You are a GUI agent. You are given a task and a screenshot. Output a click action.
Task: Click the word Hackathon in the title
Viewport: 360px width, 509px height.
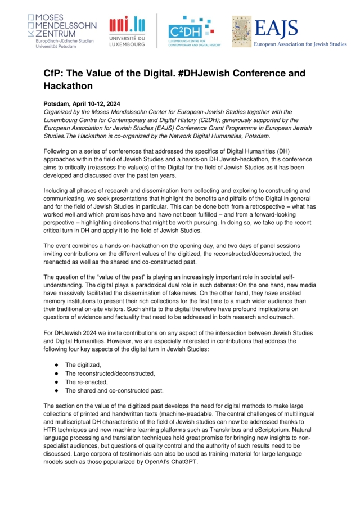click(67, 86)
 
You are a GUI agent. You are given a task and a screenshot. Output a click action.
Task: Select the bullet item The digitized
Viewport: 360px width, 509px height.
click(83, 365)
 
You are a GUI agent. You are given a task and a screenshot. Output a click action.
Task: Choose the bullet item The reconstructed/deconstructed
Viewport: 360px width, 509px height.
click(110, 373)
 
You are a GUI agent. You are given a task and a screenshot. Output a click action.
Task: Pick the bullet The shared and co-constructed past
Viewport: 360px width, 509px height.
click(114, 390)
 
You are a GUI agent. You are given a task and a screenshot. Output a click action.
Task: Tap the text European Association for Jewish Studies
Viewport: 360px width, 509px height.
click(300, 44)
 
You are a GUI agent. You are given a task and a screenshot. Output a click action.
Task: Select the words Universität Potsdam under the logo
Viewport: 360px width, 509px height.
click(56, 47)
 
